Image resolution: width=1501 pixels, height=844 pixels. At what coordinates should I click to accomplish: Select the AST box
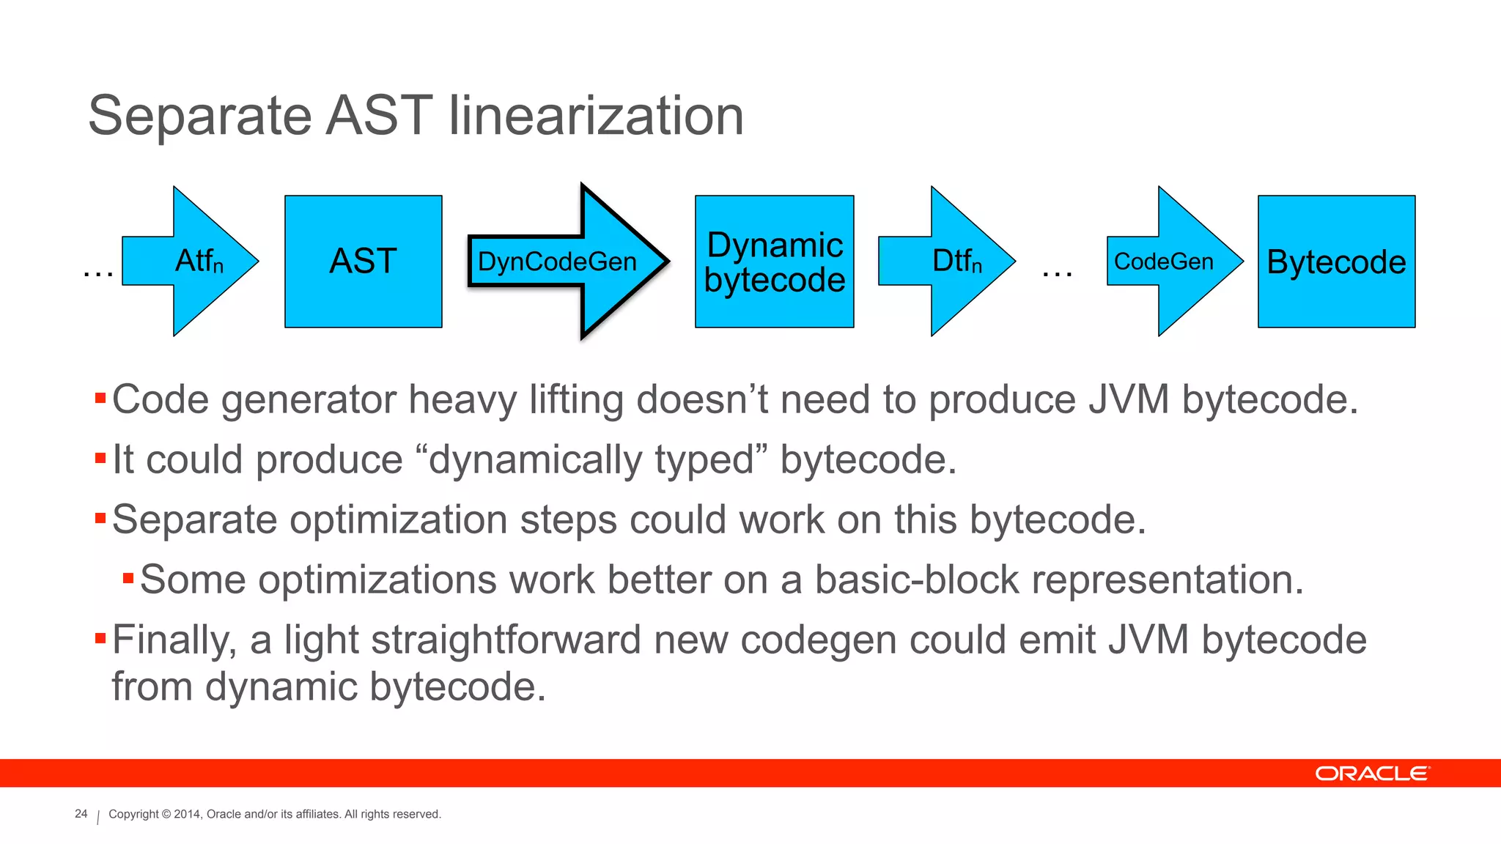pos(363,262)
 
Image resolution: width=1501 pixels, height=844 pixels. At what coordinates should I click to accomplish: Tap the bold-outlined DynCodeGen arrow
pos(564,262)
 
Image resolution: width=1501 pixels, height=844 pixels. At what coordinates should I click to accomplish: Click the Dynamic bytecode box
pos(774,262)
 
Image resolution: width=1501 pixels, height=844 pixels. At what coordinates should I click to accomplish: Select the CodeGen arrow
pos(1169,262)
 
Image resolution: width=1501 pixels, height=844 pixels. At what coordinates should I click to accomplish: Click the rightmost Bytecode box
pos(1336,262)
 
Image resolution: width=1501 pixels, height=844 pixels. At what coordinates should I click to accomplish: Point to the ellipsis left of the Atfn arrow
pos(98,273)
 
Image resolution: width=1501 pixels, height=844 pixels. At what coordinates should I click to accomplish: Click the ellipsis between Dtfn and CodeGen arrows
pos(1057,273)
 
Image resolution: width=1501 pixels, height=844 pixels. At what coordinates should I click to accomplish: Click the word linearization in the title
pos(595,116)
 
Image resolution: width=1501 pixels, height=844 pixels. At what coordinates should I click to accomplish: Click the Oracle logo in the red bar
pos(1371,774)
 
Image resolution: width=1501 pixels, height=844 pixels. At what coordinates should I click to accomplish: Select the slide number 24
pos(81,814)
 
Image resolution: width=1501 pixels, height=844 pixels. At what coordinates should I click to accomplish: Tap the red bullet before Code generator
pos(100,399)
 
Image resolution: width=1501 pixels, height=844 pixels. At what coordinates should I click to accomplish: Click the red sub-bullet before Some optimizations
pos(128,579)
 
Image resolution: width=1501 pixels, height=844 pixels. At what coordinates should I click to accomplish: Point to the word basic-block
pos(917,580)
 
